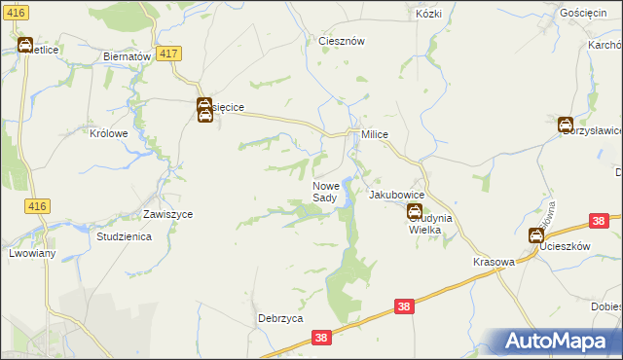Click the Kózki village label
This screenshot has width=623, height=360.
point(428,15)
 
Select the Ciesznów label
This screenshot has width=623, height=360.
point(342,42)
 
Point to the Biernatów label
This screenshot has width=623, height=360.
point(127,56)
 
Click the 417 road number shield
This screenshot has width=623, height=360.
point(167,54)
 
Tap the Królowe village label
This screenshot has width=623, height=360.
point(109,134)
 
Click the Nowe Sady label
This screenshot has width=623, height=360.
point(325,192)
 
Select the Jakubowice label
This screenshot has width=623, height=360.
point(395,195)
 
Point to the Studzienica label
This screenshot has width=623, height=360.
point(123,236)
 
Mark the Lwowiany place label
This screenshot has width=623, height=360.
point(32,253)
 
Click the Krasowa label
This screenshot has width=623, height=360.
point(494,263)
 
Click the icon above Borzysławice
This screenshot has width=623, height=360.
point(565,124)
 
